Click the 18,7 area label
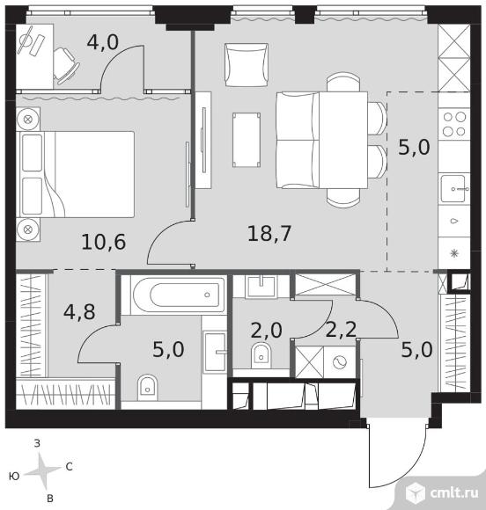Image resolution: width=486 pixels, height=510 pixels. coord(269,234)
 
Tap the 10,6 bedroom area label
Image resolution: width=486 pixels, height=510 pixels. coord(104,242)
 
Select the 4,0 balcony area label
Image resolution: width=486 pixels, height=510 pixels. coord(103,42)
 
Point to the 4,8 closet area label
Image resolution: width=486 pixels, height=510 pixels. coord(79,311)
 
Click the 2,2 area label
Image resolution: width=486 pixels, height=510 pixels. coord(341,330)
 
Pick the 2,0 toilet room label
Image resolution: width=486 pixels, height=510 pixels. coord(267,330)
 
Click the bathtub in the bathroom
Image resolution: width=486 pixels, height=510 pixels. coord(179,295)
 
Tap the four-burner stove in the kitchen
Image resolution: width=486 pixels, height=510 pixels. coord(454,124)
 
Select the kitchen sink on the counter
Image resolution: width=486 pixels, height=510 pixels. coord(454,189)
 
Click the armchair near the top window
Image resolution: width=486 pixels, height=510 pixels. coord(247,65)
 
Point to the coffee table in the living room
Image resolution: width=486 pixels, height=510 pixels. coord(247,140)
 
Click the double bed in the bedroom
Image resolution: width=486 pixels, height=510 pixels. coord(77,174)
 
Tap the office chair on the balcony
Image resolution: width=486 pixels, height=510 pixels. coord(66,66)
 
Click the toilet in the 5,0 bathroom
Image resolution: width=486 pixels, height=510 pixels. coord(148,387)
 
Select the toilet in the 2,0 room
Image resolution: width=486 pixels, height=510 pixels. coord(261,355)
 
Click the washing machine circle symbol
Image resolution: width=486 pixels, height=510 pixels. coord(340,361)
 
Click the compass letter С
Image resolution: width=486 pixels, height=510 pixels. coord(69,467)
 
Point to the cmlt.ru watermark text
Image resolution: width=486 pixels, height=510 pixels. coord(454,493)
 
